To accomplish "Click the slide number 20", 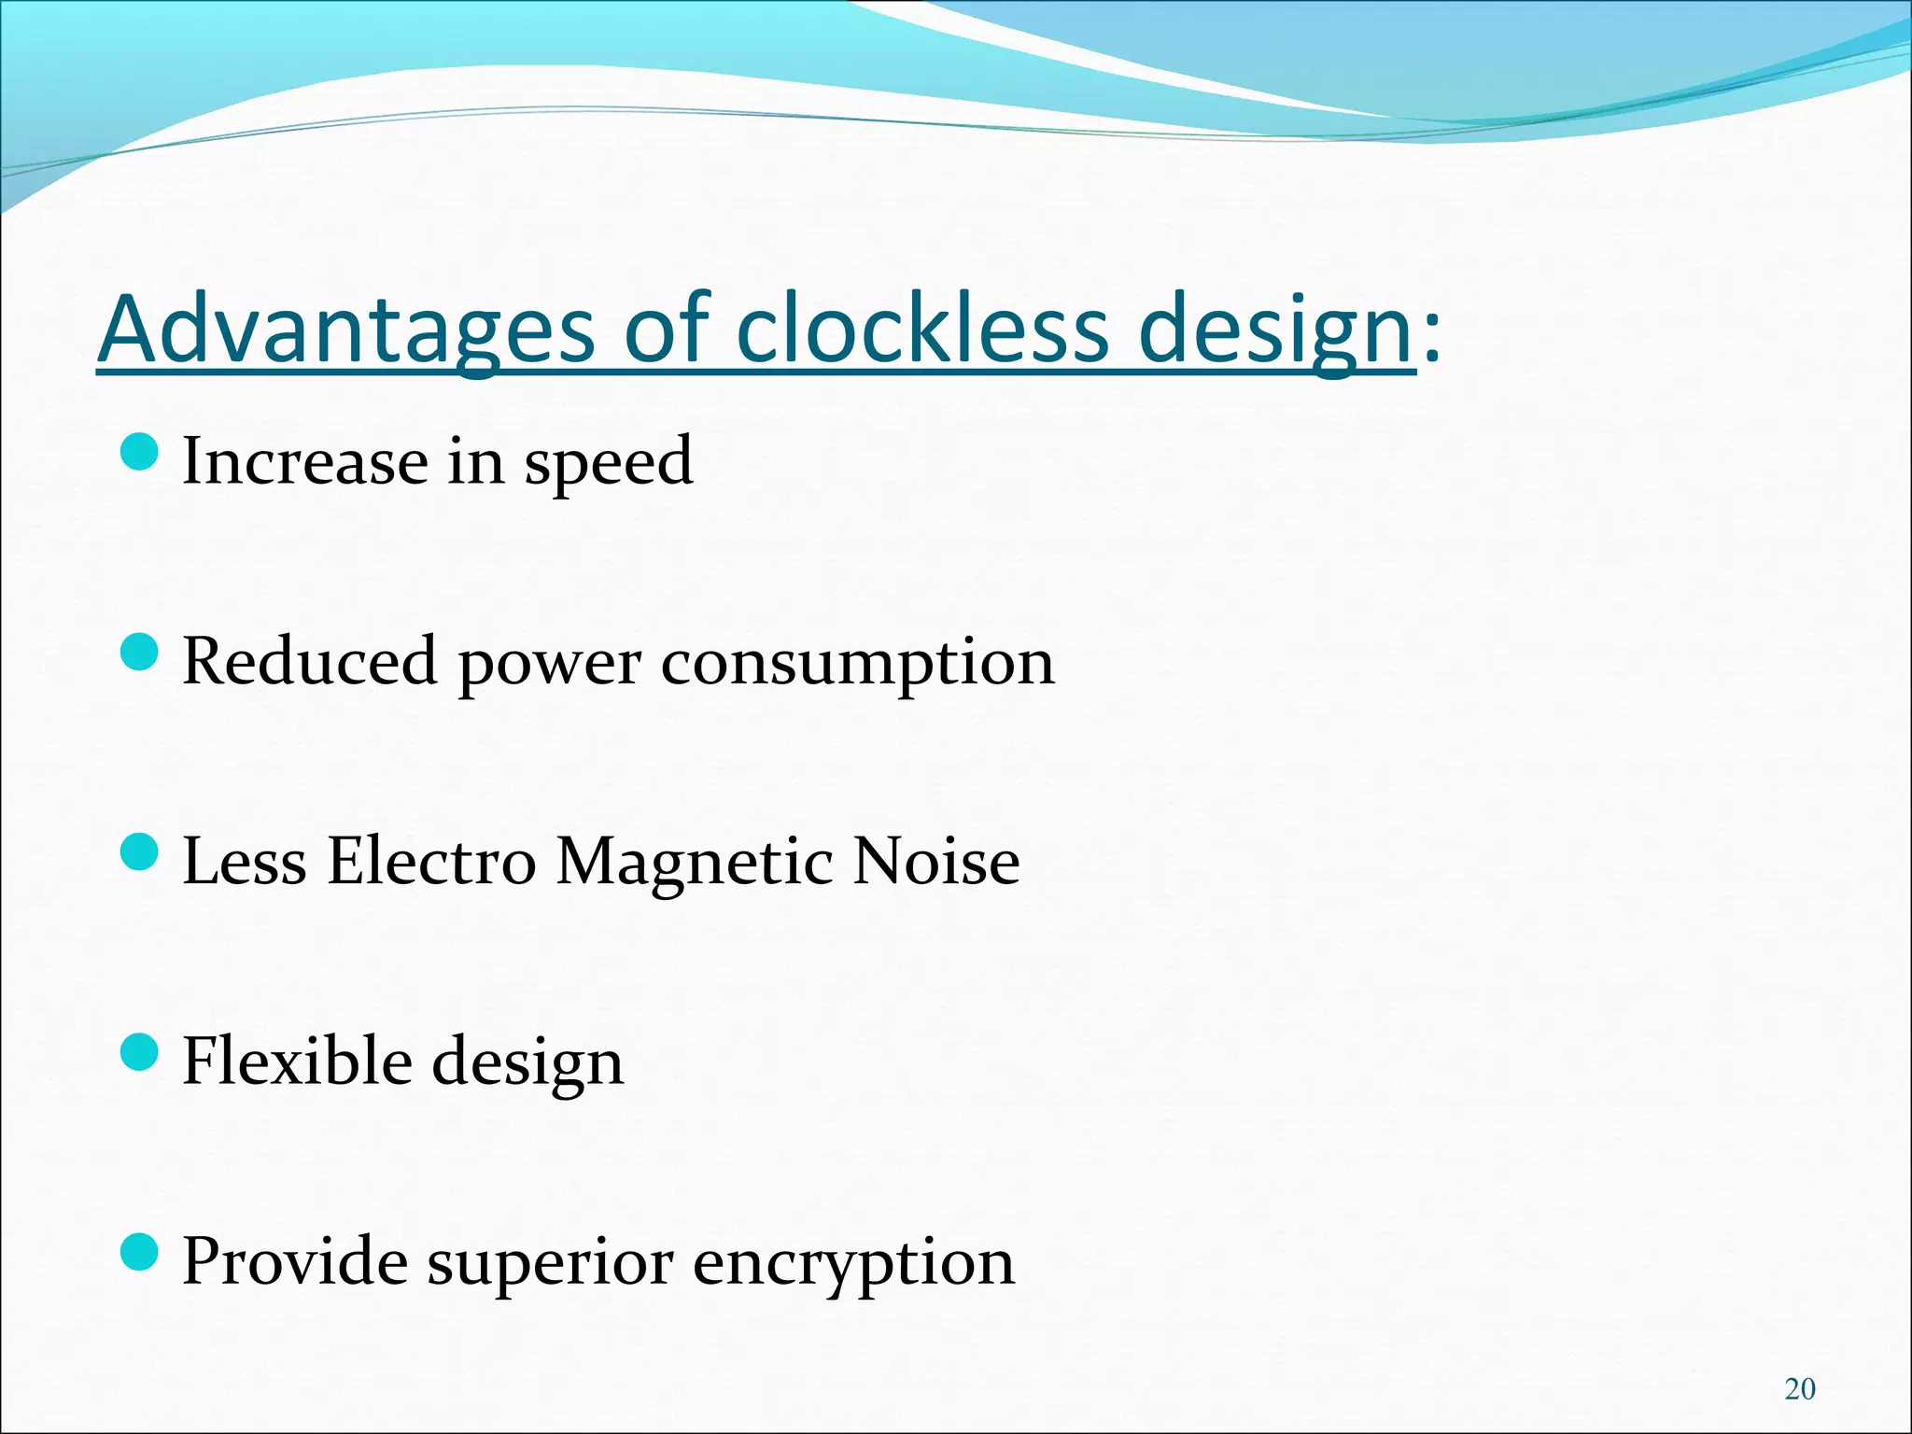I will (x=1799, y=1389).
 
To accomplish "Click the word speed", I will (x=608, y=462).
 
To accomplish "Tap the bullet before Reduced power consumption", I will (x=140, y=653).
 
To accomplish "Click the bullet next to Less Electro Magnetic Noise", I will (x=140, y=852).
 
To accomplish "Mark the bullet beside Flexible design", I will (x=140, y=1052).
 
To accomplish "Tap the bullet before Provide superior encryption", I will (x=140, y=1252).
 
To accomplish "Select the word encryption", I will (x=853, y=1262).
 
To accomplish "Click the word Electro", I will (x=431, y=861).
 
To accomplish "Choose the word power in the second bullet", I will (x=549, y=664).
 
